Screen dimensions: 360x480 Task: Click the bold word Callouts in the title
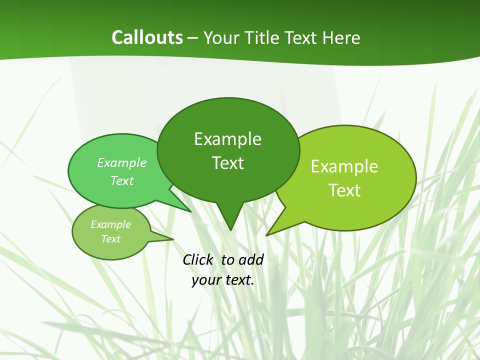(x=147, y=37)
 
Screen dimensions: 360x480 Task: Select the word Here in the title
(x=342, y=37)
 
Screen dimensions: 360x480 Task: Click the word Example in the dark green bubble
(x=227, y=139)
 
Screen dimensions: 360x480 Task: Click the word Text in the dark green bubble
(x=227, y=163)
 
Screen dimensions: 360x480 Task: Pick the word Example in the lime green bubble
(x=344, y=166)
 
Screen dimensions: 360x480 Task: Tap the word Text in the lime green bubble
(x=344, y=190)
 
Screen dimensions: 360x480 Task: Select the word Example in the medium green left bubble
(x=122, y=162)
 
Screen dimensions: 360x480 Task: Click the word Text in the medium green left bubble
(x=122, y=180)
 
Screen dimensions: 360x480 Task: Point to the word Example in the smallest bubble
(x=110, y=224)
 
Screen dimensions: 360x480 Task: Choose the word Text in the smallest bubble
(x=110, y=239)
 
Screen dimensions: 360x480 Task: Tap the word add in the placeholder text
(x=250, y=259)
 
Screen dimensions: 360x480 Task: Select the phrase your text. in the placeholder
(x=223, y=280)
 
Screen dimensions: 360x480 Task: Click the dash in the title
(x=193, y=37)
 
